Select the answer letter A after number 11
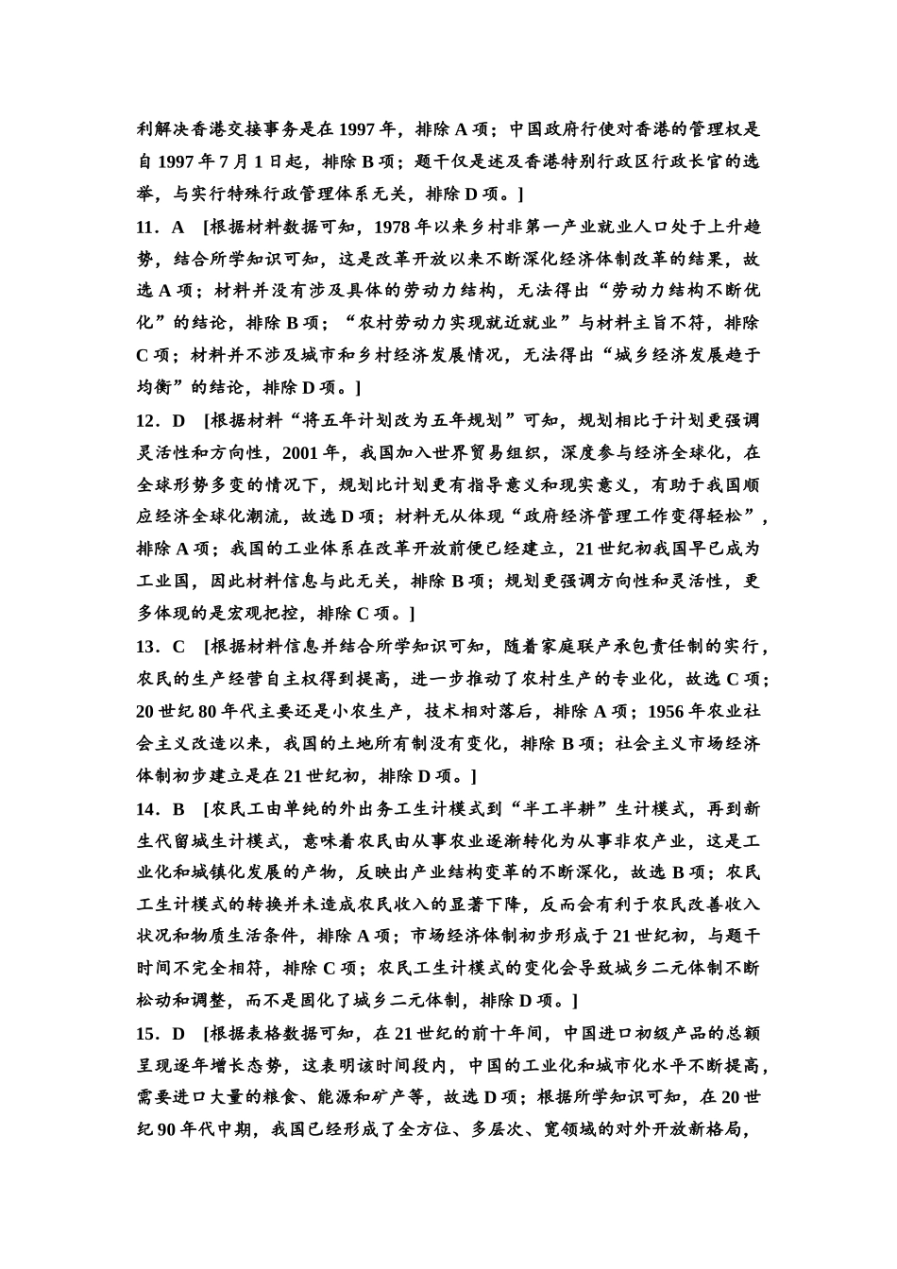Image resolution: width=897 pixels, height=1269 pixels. pos(178,227)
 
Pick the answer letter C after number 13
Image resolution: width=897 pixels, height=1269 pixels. pos(178,647)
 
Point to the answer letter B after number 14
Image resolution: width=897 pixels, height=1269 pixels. pos(178,808)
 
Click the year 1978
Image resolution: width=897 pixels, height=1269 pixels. pos(394,227)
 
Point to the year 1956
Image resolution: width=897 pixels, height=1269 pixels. pos(681,711)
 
